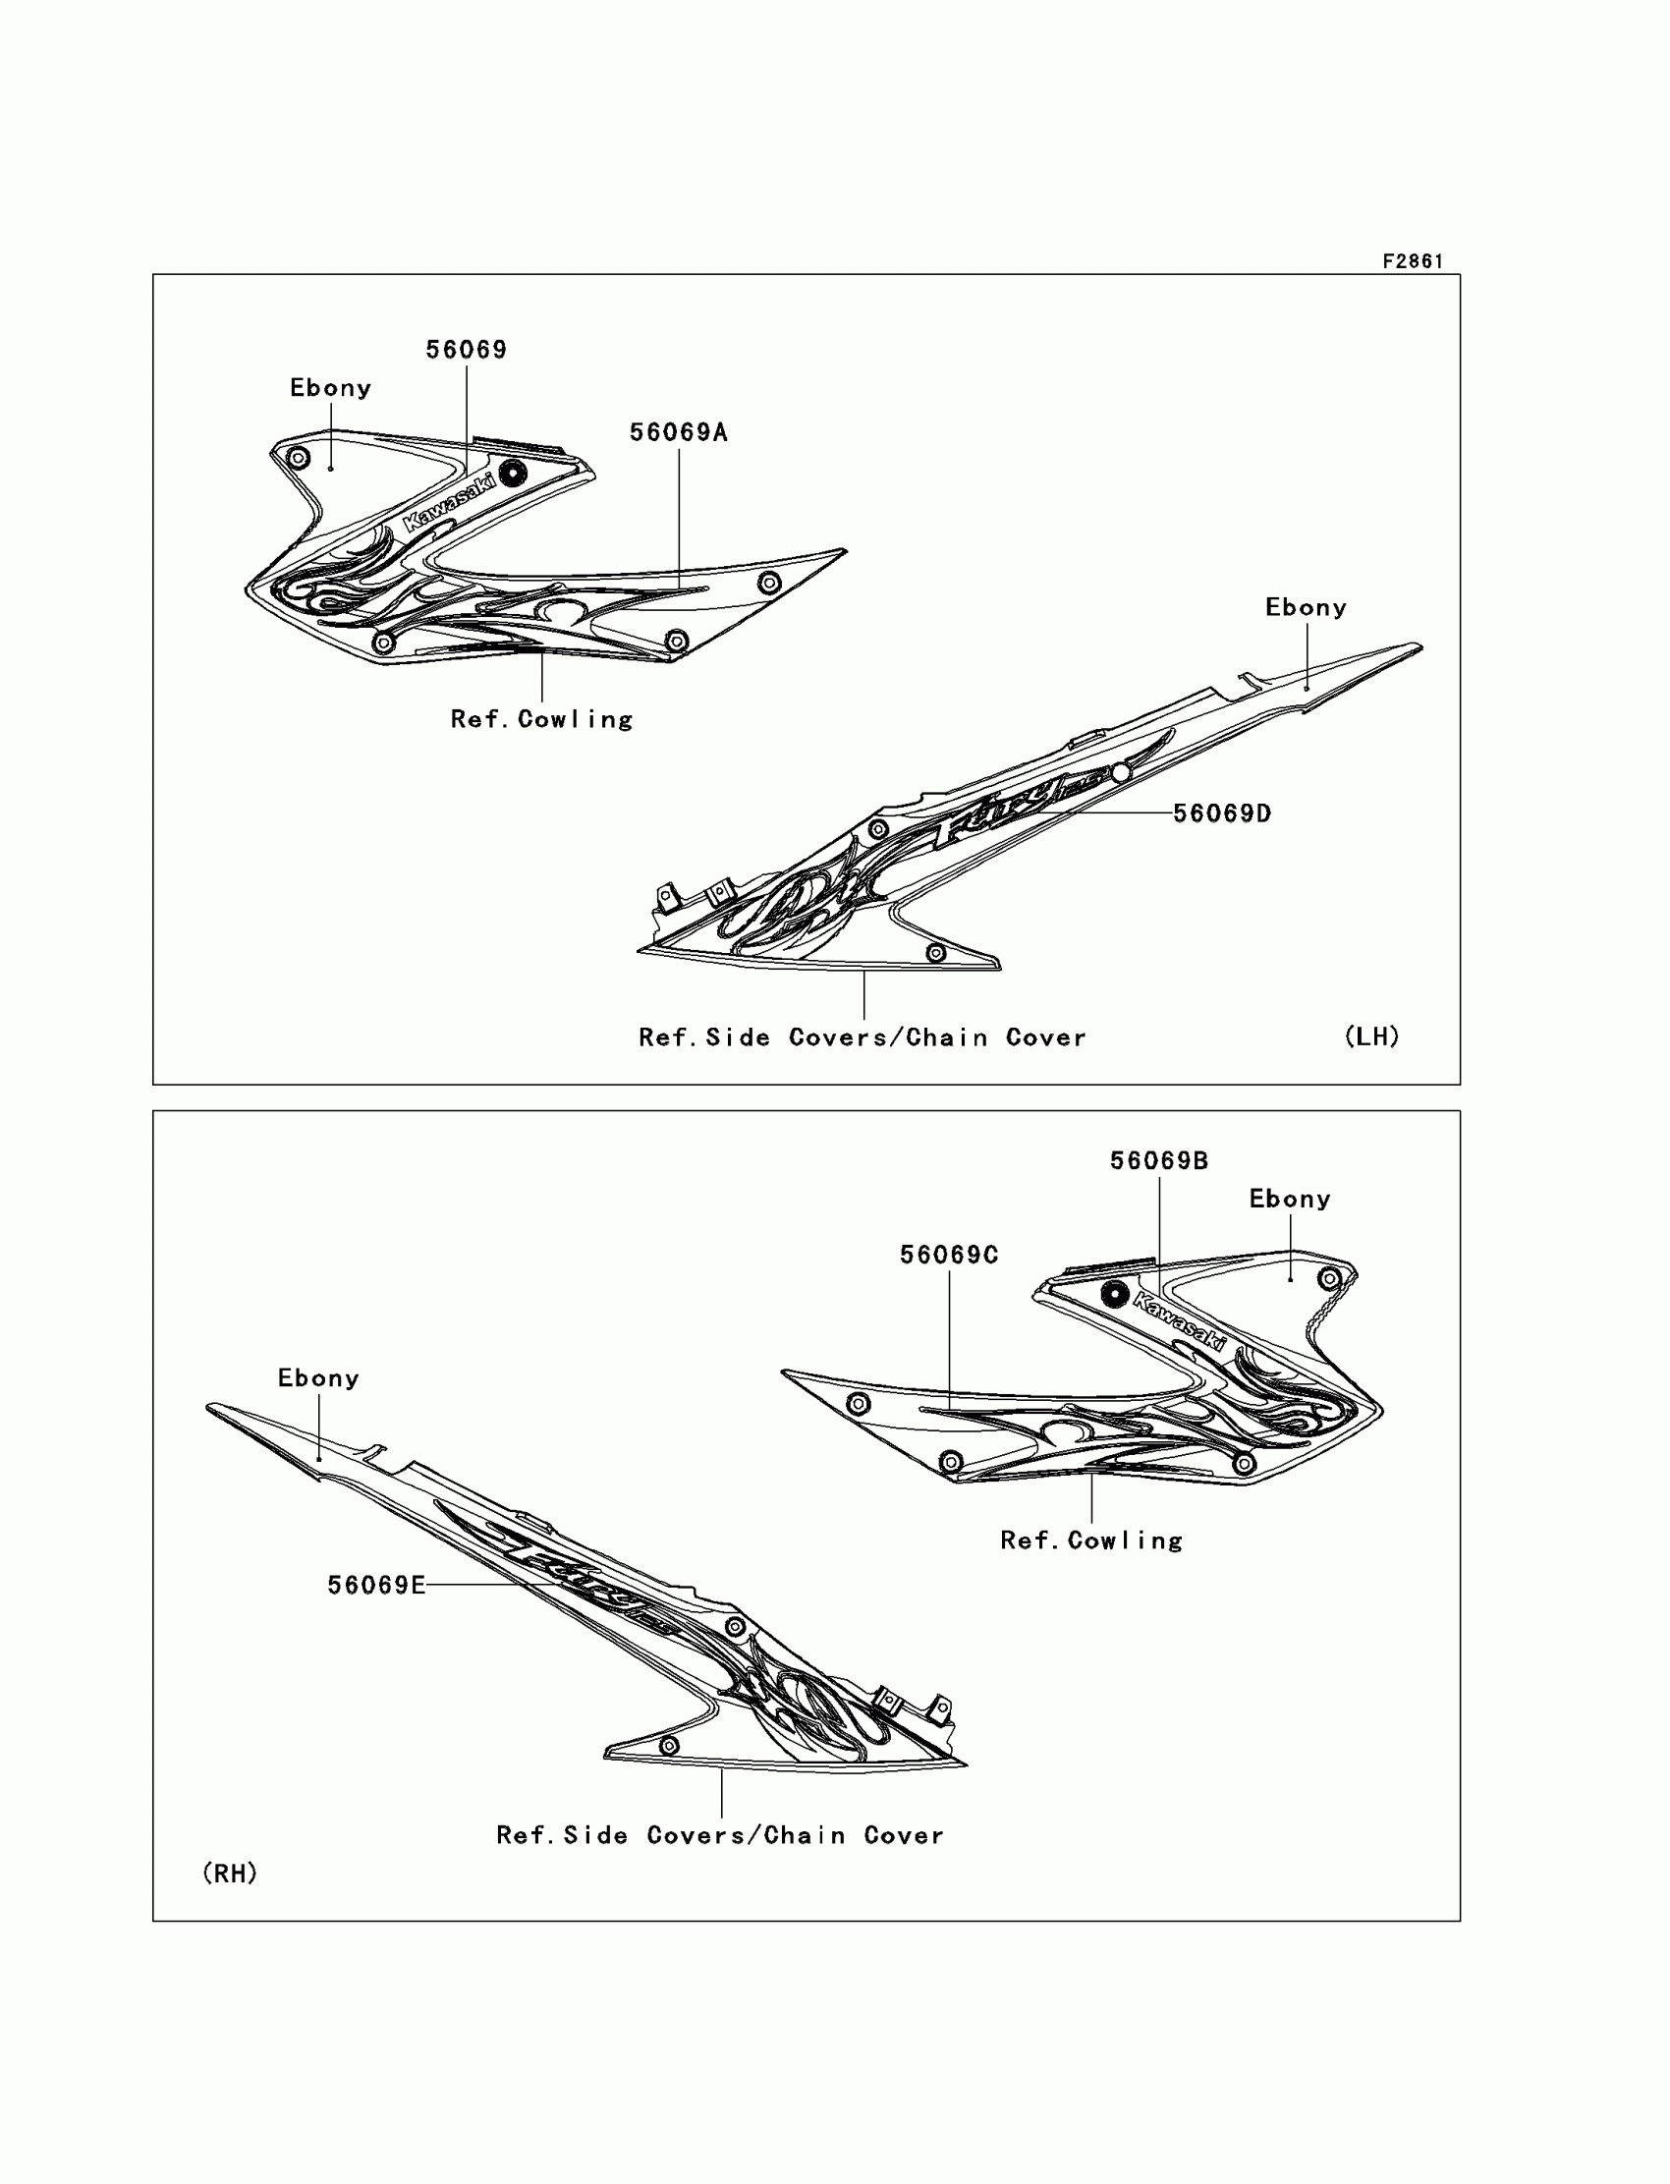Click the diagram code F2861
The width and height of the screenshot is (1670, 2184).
[x=1412, y=261]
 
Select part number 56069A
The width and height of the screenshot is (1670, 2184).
[x=678, y=432]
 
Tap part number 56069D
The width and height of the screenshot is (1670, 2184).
[x=1222, y=814]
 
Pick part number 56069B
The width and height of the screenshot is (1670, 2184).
[x=1159, y=1161]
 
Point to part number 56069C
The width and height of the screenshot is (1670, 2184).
[x=948, y=1256]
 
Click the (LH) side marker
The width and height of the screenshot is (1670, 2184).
[x=1371, y=1036]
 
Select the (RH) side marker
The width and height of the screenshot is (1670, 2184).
[x=230, y=1874]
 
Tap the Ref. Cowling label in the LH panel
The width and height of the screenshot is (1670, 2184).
[x=541, y=720]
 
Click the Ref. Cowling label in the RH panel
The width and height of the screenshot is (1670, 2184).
[x=1091, y=1540]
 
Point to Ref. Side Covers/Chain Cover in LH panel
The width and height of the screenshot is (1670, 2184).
[x=862, y=1037]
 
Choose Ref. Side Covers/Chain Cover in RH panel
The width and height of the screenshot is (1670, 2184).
[x=720, y=1835]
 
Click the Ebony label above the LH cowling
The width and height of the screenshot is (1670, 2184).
[x=330, y=388]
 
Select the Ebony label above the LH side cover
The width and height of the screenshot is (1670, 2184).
[x=1306, y=607]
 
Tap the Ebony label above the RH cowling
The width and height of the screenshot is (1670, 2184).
[x=1289, y=1199]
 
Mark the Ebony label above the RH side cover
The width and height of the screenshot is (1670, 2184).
[x=318, y=1377]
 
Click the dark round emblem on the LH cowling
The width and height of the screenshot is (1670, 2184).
[x=513, y=474]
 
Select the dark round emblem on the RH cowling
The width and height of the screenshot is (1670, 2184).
[x=1115, y=1293]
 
